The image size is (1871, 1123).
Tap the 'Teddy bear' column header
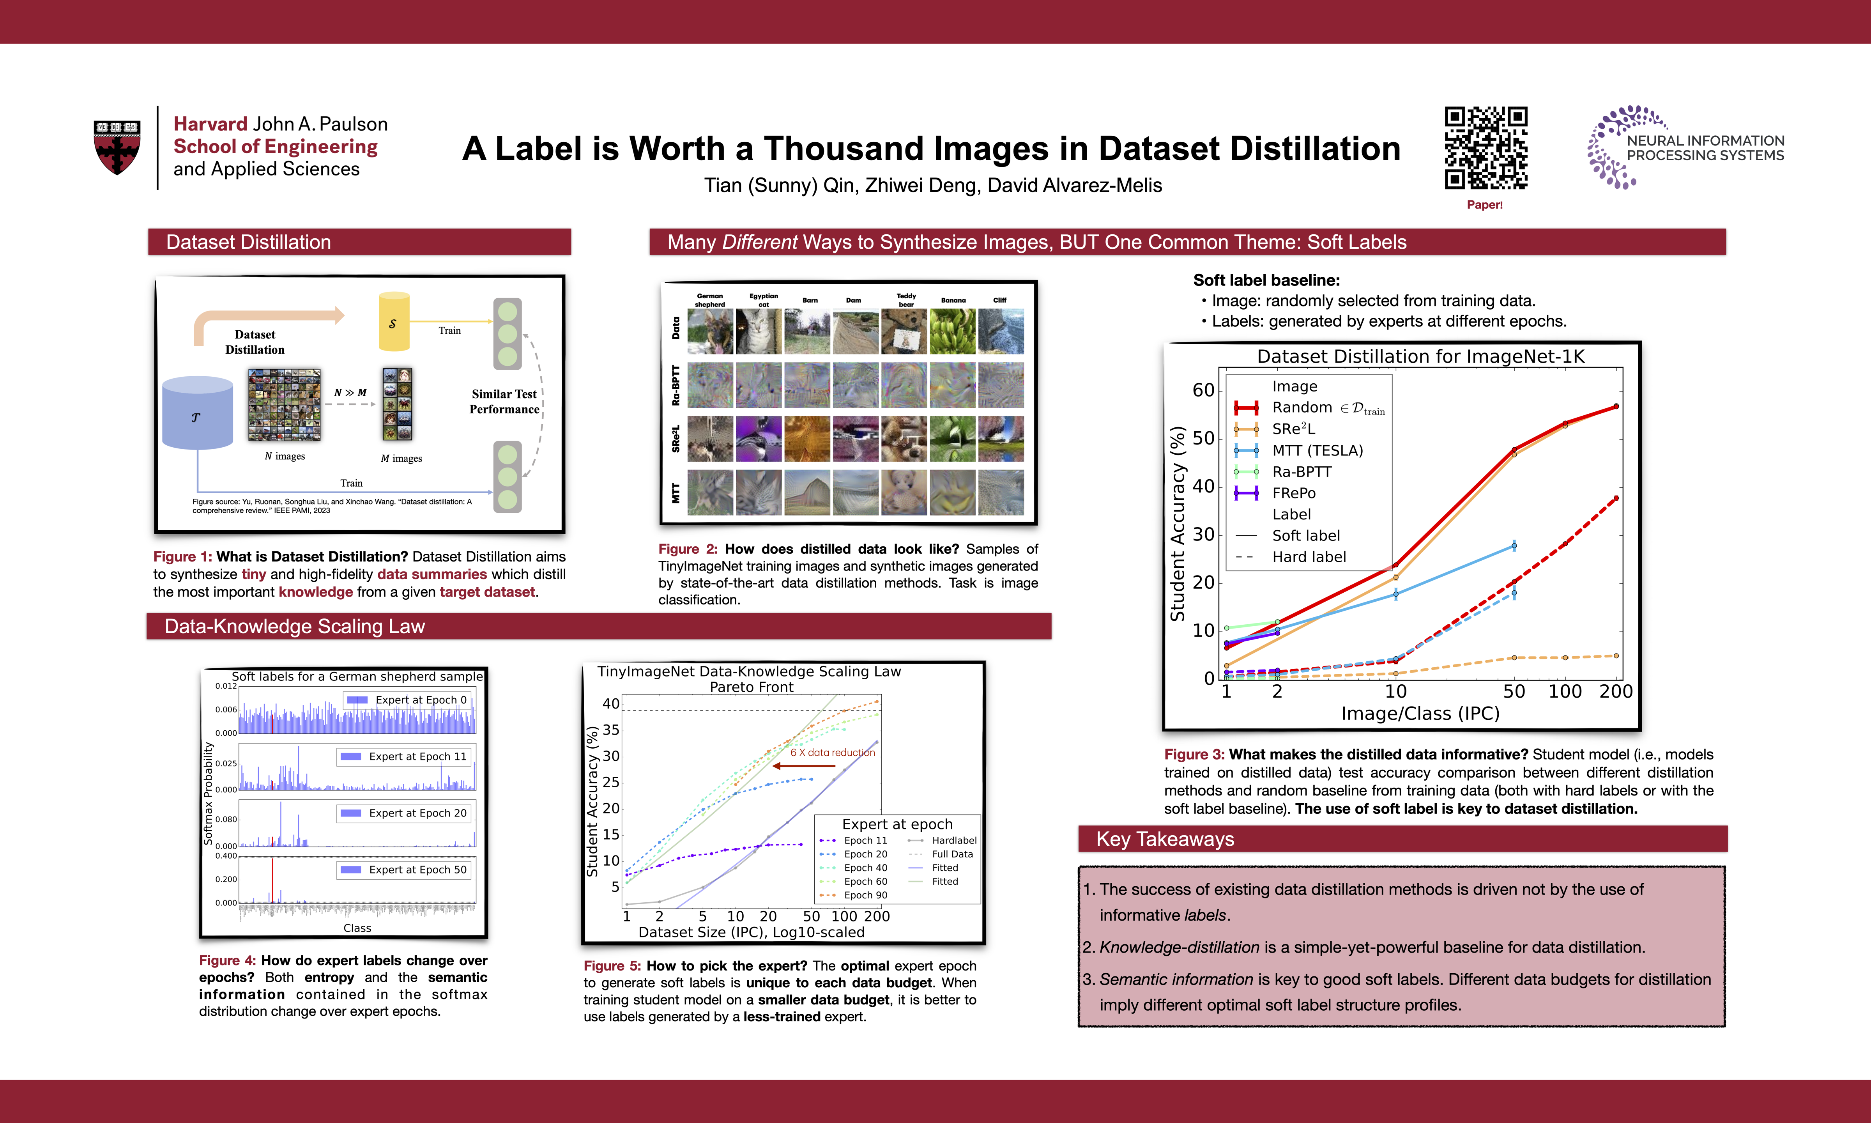tap(906, 300)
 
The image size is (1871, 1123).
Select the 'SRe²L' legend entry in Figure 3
tap(1293, 429)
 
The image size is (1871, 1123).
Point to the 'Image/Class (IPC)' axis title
tap(1420, 714)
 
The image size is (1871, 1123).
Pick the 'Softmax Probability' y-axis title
tap(208, 793)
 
